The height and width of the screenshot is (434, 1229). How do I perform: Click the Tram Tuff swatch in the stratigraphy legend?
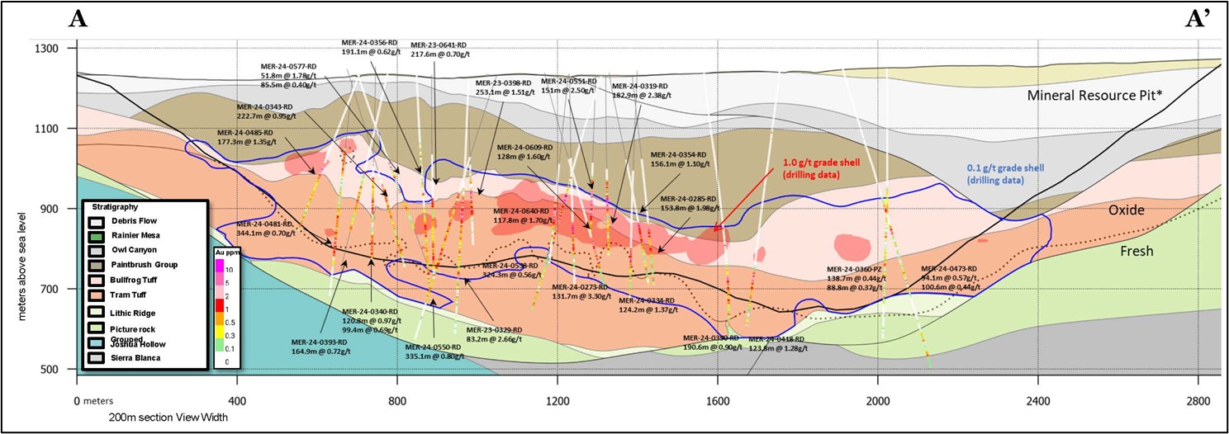pos(97,295)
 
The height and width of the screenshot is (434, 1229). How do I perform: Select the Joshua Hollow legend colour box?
pos(97,342)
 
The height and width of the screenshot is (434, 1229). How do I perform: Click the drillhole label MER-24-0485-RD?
pos(244,132)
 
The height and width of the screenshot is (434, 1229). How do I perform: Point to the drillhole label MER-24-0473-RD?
pos(949,269)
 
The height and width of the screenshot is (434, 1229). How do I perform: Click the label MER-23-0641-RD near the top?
pos(439,45)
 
